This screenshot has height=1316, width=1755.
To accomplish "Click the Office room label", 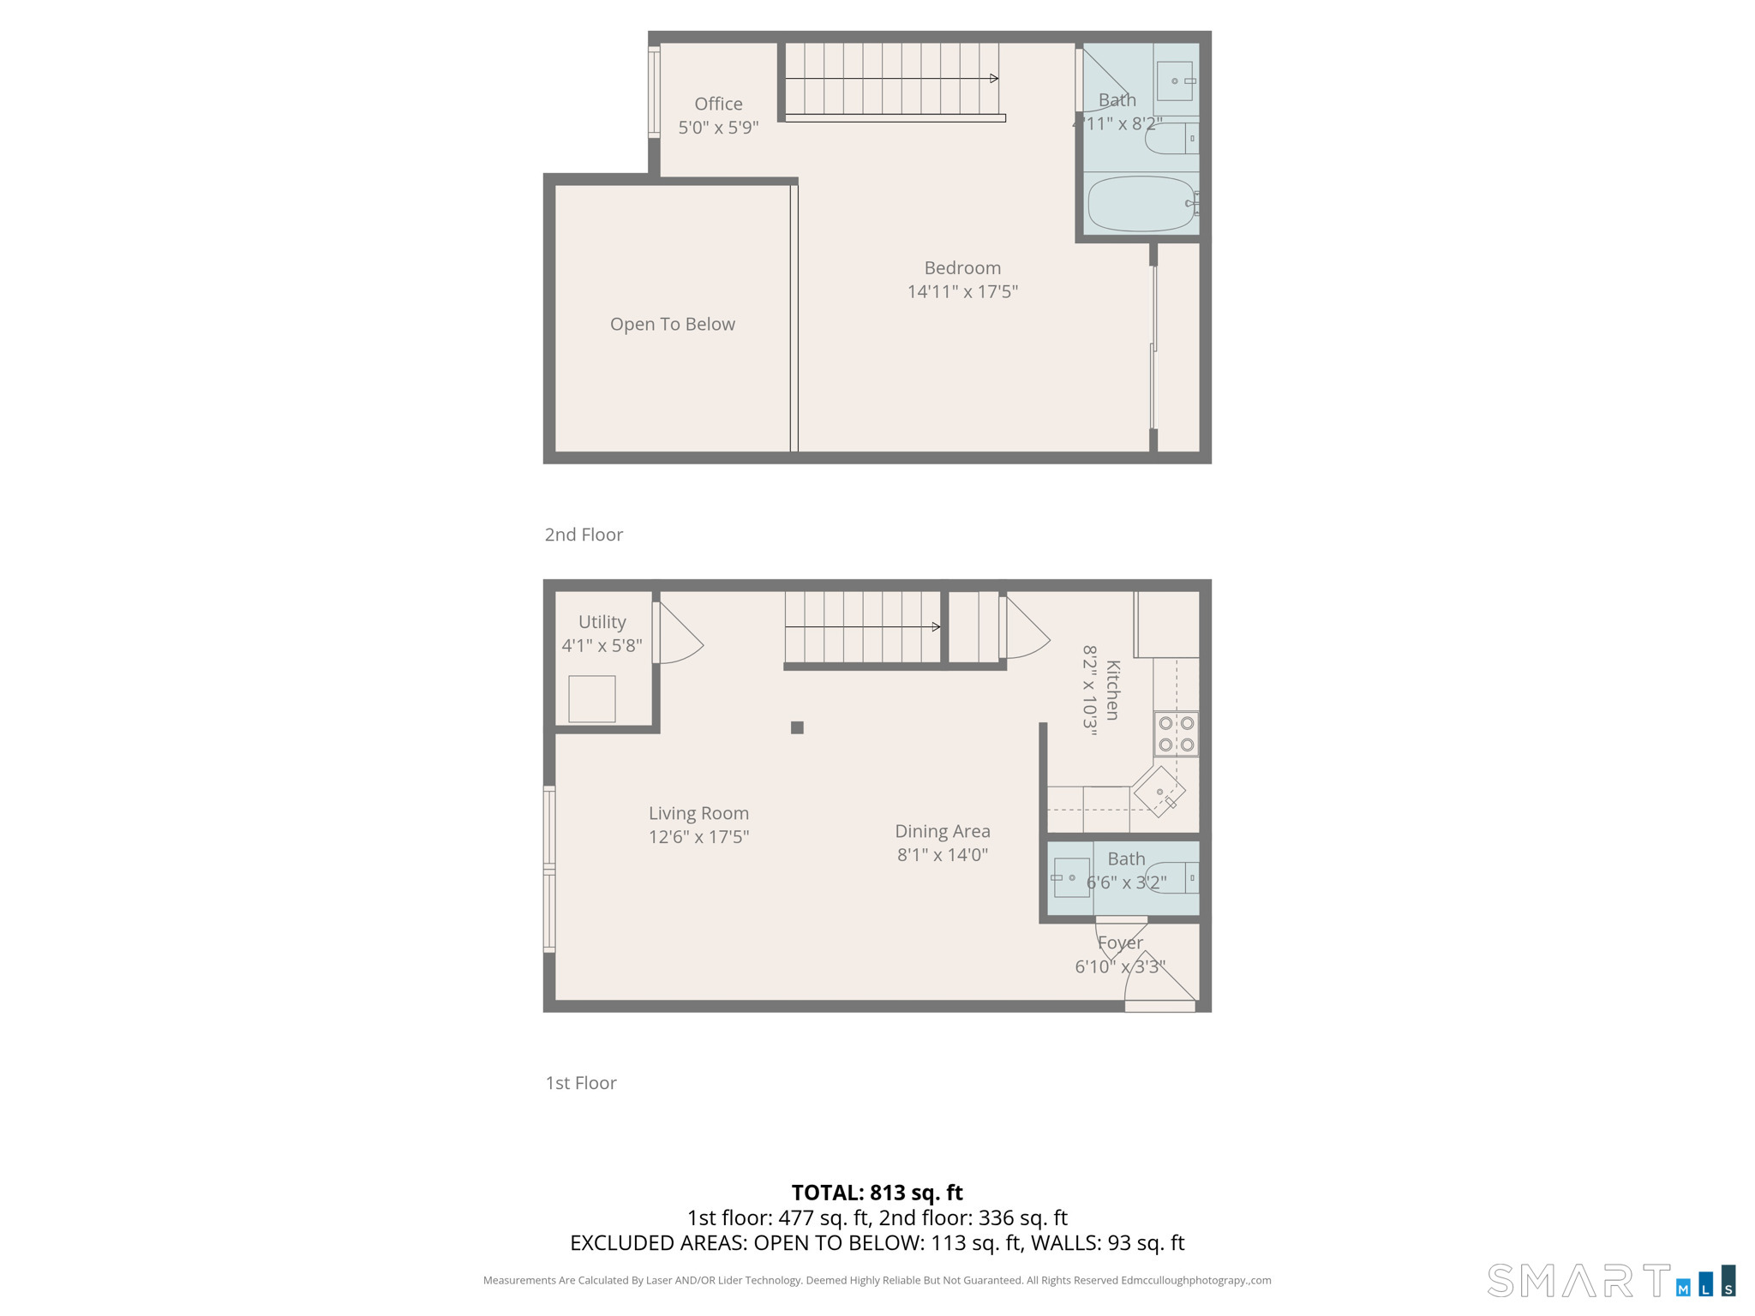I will click(718, 104).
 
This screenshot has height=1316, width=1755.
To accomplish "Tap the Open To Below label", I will click(673, 324).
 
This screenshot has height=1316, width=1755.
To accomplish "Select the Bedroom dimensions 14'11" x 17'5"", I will click(962, 291).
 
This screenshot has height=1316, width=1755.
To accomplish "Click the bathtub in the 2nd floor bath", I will click(1141, 204).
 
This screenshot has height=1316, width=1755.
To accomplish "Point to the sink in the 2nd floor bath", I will click(1174, 81).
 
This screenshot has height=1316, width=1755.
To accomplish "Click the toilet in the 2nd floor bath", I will click(1171, 138).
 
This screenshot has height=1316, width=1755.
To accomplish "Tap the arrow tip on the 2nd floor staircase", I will click(994, 79).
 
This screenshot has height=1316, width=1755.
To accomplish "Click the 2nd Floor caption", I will click(584, 535).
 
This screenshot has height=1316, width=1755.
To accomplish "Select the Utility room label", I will click(602, 622).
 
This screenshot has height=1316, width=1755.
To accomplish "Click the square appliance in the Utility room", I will click(591, 698).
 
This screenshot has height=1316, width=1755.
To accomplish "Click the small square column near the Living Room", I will click(797, 727).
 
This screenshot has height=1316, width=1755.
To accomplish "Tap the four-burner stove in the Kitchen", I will click(1176, 733).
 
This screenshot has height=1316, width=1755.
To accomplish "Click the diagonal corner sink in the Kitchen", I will click(1159, 792).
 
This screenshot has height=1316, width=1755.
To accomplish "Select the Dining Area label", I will click(943, 831).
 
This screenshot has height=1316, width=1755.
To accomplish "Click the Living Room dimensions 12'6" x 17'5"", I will click(698, 836).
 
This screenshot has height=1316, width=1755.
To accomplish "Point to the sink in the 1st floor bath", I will click(1071, 877).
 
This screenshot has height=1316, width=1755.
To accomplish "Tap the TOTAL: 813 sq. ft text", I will click(877, 1192).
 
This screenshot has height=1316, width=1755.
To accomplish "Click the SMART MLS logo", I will click(1611, 1280).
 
